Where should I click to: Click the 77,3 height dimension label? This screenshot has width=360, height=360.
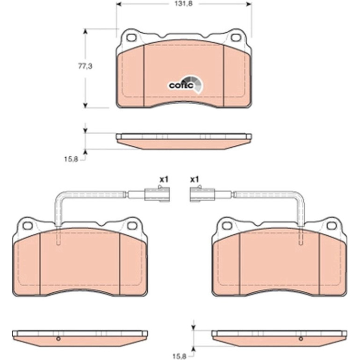click(86, 66)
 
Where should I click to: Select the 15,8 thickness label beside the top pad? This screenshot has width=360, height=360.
click(71, 159)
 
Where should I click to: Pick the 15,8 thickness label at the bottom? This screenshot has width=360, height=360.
click(180, 357)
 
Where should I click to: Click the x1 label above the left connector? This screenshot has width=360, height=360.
click(164, 180)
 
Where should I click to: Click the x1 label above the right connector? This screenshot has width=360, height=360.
click(194, 180)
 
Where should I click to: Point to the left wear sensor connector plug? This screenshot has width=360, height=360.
click(158, 194)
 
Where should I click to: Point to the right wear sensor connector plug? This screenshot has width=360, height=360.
click(202, 194)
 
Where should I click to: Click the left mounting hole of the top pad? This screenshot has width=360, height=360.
click(131, 38)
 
